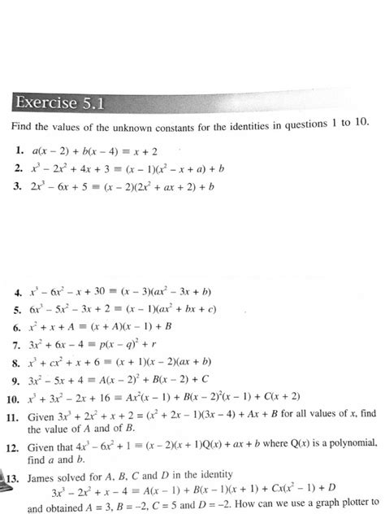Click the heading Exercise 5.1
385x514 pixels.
coord(57,102)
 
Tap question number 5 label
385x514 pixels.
coord(18,310)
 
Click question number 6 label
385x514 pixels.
coord(18,327)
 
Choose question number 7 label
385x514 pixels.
coord(18,344)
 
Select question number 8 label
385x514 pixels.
coord(18,361)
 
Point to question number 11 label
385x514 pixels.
coord(14,414)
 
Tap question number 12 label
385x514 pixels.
coord(15,445)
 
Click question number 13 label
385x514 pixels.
coord(15,475)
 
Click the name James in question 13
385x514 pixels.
coord(44,475)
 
